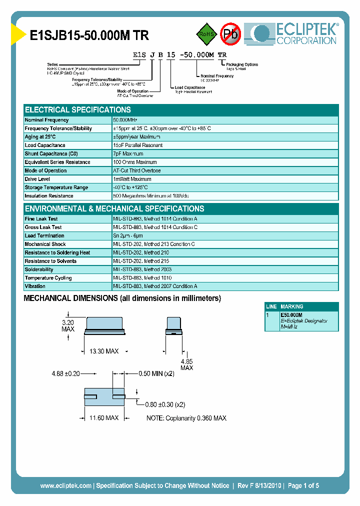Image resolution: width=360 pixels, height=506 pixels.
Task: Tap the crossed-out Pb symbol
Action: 231,34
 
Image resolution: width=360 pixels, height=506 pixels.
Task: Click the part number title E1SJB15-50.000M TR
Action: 89,35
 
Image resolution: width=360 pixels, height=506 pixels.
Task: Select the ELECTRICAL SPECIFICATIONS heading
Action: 78,110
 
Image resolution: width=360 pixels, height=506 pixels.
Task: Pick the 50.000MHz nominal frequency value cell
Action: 125,120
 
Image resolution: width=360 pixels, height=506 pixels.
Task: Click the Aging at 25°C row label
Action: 40,137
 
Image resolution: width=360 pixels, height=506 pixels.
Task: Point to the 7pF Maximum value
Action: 128,154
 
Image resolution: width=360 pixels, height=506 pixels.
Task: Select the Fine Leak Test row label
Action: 41,219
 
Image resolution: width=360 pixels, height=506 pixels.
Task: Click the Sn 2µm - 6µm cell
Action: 128,235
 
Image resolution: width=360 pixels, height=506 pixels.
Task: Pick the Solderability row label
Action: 39,269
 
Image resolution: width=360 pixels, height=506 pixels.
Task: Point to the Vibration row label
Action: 35,286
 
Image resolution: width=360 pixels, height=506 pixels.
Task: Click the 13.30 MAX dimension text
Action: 103,351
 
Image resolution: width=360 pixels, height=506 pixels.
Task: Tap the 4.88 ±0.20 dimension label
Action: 66,373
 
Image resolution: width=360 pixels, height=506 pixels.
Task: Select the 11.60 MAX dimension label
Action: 103,417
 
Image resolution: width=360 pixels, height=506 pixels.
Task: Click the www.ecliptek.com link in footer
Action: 65,485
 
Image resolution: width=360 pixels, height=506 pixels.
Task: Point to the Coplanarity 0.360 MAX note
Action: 186,418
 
